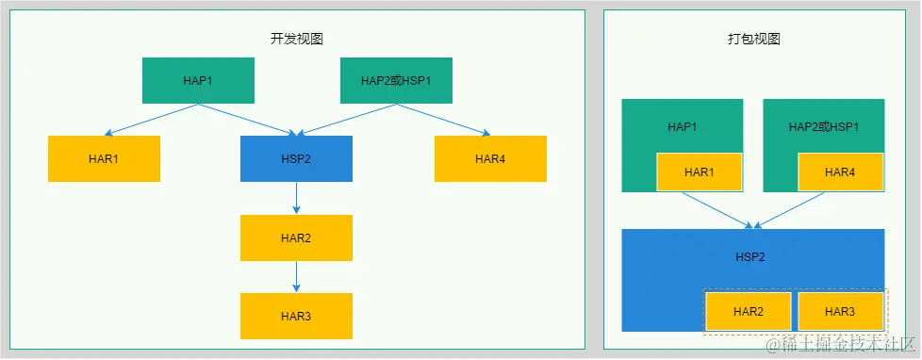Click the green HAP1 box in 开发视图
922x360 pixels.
[x=198, y=80]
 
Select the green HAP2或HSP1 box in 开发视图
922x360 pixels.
[x=396, y=80]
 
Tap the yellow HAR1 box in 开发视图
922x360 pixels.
[x=104, y=158]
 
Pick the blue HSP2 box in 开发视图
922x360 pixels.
[x=296, y=158]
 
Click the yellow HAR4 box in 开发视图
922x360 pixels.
[x=490, y=158]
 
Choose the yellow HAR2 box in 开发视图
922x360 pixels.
[x=296, y=237]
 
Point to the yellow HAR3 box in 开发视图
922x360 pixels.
[x=296, y=316]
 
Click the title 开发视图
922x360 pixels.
[x=297, y=39]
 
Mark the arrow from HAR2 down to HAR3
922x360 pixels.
[x=296, y=276]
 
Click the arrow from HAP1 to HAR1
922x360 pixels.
[x=151, y=119]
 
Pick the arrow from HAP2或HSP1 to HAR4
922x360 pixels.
[x=443, y=119]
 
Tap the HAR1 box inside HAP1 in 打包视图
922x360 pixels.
[x=699, y=172]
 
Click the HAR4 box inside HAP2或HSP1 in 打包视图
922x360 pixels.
[x=840, y=172]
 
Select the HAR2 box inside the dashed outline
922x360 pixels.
[x=748, y=311]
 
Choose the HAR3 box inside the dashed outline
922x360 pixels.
[x=840, y=311]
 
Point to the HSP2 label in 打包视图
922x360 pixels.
[x=751, y=255]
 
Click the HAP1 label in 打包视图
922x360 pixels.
[x=682, y=126]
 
